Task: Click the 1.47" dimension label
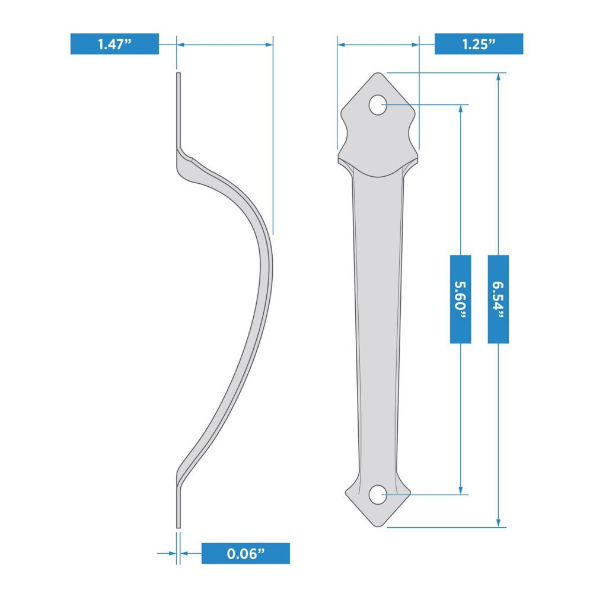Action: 114,44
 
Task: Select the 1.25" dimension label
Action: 479,44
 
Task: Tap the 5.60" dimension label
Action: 461,299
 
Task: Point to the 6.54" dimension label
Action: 498,299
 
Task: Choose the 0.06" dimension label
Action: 246,553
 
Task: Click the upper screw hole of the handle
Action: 377,105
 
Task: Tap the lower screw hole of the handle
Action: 377,494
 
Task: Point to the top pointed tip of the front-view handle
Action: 378,73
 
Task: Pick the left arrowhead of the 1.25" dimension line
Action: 341,44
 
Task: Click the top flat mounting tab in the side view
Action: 178,110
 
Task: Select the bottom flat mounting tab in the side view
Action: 178,504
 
